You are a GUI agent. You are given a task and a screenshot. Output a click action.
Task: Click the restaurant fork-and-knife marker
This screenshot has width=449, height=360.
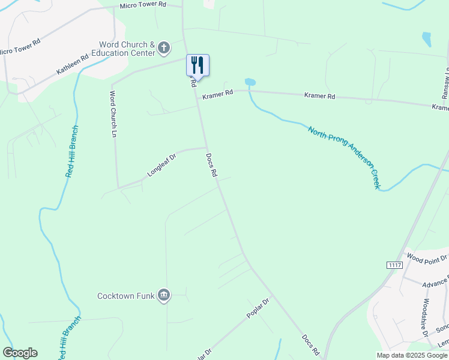click(197, 65)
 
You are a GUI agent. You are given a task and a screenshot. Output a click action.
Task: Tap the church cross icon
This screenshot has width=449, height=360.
click(164, 48)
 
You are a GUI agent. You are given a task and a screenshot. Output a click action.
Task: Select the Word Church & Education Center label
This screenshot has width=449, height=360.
click(127, 48)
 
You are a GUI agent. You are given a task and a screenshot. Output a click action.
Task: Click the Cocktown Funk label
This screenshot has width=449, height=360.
click(125, 296)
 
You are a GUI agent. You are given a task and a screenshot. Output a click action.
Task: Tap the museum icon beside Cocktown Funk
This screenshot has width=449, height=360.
click(163, 295)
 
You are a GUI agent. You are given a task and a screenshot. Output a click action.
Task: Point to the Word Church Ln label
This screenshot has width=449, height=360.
click(112, 114)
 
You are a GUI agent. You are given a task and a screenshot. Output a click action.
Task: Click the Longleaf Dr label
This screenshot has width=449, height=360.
click(161, 166)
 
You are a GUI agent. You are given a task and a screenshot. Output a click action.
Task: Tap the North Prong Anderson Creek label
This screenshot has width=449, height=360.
click(345, 157)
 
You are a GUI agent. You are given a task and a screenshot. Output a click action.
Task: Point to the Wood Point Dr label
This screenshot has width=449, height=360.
click(427, 258)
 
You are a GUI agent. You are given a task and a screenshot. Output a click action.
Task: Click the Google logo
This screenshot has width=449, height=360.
click(20, 353)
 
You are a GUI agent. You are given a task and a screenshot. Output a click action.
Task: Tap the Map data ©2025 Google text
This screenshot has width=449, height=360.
click(412, 355)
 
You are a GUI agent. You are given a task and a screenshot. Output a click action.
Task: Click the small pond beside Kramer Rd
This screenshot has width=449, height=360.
click(250, 82)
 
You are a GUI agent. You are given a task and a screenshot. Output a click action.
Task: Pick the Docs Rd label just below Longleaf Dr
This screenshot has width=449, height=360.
click(211, 164)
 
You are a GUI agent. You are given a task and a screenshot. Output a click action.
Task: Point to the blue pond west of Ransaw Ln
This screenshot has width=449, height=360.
click(426, 40)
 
